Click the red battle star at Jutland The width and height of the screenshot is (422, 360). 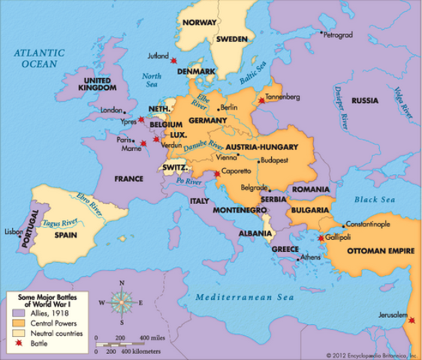click(173, 60)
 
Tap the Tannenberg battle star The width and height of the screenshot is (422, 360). click(261, 100)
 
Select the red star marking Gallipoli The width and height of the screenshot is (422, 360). click(322, 238)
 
